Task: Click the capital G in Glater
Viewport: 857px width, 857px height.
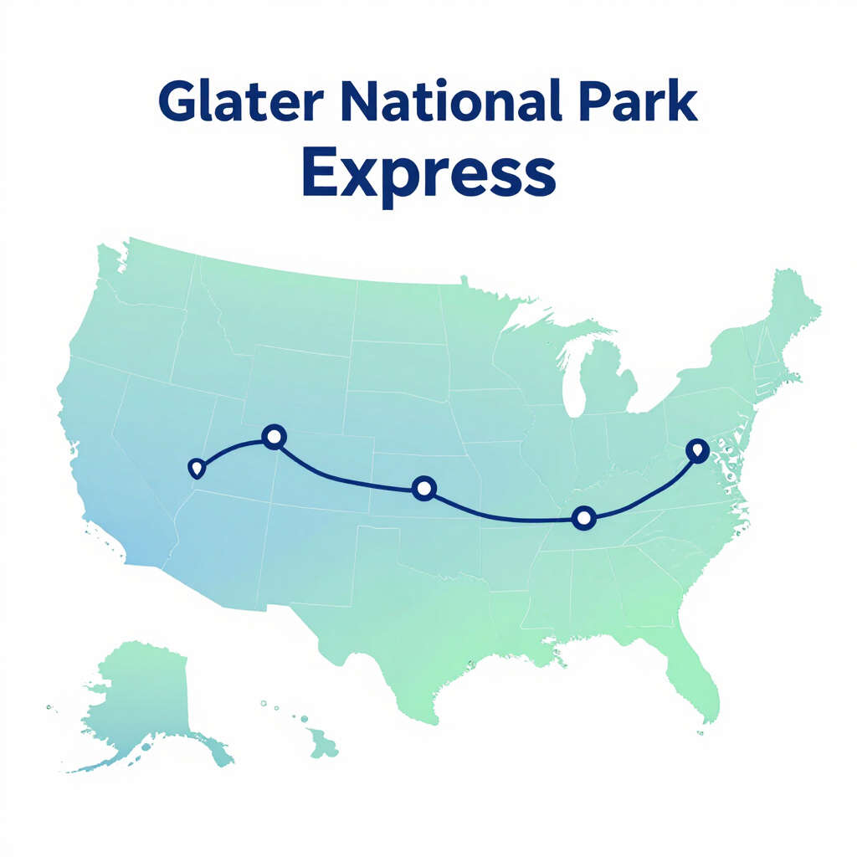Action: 178,100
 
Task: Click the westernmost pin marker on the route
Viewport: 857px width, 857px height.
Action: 196,469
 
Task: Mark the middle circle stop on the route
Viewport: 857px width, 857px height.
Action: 423,488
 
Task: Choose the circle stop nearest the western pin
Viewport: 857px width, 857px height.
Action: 274,437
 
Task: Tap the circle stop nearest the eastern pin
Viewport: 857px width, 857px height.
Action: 583,517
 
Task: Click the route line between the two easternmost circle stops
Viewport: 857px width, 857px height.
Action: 504,517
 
